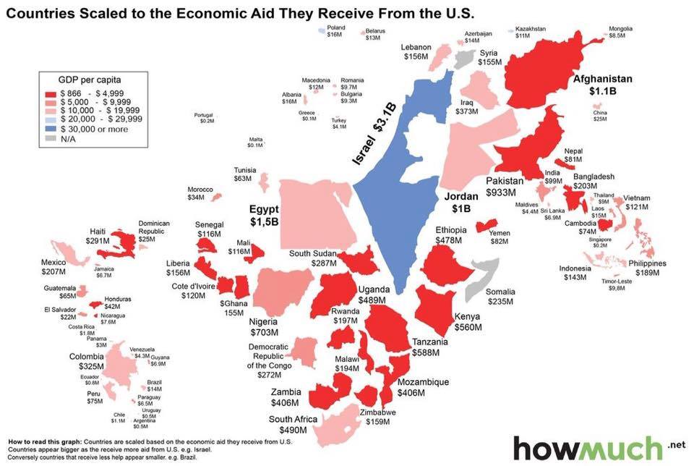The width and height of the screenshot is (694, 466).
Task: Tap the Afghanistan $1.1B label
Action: point(602,85)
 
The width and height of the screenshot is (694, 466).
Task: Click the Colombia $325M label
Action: point(91,362)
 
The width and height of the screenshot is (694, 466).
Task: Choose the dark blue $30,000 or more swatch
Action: point(51,127)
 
